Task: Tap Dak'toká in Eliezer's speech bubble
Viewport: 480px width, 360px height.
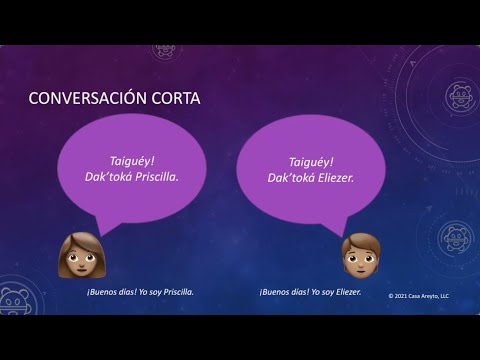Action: [x=291, y=177]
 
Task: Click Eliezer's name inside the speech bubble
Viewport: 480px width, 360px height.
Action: [x=337, y=177]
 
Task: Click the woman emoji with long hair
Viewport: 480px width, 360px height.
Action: [x=77, y=254]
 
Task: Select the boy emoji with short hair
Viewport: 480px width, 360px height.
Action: [x=357, y=256]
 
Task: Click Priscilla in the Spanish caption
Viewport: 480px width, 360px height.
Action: [x=174, y=292]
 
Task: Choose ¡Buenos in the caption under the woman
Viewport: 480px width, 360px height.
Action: [x=102, y=292]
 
